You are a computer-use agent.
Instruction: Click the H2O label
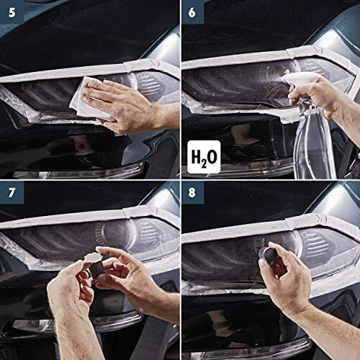(x=204, y=154)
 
